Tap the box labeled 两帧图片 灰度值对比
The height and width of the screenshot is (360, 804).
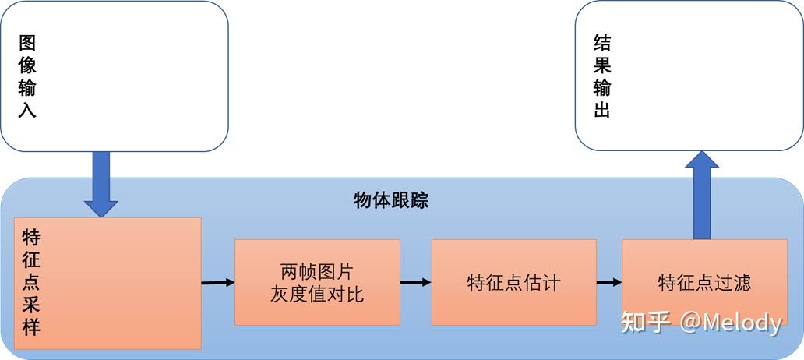click(317, 282)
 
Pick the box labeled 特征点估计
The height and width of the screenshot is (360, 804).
click(513, 282)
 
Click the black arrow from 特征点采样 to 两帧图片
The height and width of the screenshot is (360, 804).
click(217, 282)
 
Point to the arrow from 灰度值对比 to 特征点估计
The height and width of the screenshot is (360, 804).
click(415, 282)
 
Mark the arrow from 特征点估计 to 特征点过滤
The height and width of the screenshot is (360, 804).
click(608, 282)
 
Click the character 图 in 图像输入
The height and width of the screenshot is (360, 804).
click(27, 43)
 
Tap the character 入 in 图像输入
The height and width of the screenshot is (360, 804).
click(27, 109)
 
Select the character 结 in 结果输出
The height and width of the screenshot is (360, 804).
click(601, 43)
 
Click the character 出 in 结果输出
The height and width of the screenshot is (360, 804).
click(601, 109)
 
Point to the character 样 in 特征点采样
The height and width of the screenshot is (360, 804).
click(31, 326)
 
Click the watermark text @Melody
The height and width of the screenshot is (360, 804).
click(730, 323)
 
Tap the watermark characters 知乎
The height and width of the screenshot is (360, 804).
click(645, 323)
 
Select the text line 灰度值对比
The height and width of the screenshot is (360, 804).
click(317, 294)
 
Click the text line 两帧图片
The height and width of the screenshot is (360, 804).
click(317, 272)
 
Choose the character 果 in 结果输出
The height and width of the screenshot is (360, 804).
click(601, 65)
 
